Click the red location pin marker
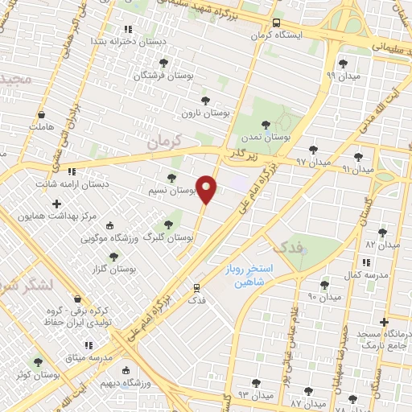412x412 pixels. tap(207, 189)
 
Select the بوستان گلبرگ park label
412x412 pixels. tap(169, 237)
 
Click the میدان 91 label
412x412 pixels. tap(357, 169)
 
